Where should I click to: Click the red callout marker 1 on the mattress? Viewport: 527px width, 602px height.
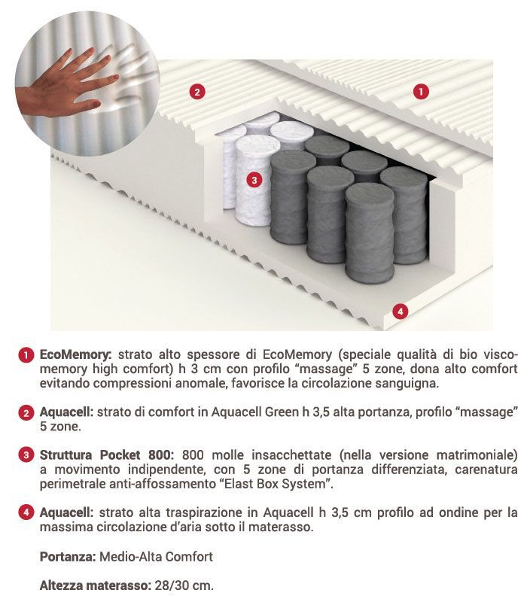[421, 92]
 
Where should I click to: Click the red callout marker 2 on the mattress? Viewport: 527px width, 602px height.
[196, 93]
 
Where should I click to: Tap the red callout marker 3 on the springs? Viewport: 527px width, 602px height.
[254, 180]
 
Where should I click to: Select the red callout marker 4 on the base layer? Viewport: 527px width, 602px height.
[401, 311]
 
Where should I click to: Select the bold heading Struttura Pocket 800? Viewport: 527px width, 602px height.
[107, 455]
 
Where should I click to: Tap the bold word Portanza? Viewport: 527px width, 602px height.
[66, 557]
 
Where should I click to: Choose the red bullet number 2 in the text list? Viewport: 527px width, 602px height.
[26, 412]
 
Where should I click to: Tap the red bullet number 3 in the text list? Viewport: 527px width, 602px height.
[26, 455]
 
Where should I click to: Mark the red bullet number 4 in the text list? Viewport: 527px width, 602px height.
[26, 512]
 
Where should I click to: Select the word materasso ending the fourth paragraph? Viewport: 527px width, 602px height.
[282, 528]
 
